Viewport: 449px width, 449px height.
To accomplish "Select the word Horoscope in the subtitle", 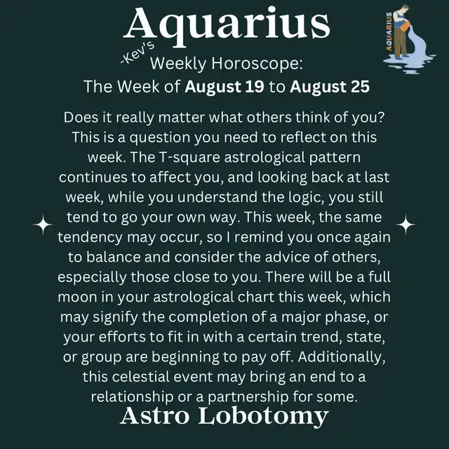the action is click(257, 63).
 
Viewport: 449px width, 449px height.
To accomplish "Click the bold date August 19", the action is click(224, 86).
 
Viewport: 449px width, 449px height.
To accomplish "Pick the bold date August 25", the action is click(330, 86).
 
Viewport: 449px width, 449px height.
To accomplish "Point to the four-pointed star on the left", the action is click(43, 224).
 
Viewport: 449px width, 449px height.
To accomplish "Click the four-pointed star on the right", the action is click(406, 224).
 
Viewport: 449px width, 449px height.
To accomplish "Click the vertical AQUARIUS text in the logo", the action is click(389, 32).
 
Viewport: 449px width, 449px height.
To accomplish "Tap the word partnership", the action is click(248, 397).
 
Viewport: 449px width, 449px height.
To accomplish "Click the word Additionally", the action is click(342, 357).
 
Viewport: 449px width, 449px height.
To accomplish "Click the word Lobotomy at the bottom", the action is click(264, 417).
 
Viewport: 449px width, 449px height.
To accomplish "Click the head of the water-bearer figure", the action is click(403, 8).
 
